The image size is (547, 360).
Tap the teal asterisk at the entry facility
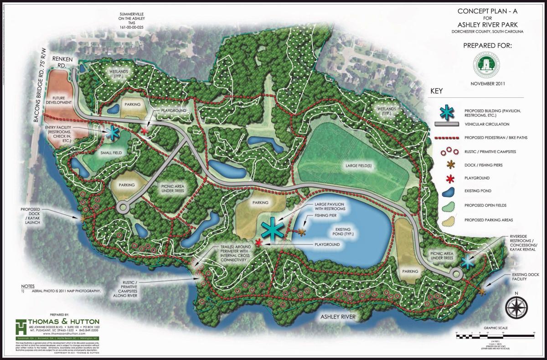pyautogui.click(x=112, y=133)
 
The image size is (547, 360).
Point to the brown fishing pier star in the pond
pyautogui.click(x=302, y=232)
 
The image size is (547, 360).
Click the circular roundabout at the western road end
pyautogui.click(x=123, y=208)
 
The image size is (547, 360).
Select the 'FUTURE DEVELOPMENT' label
pyautogui.click(x=63, y=100)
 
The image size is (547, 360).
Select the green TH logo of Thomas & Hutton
pyautogui.click(x=21, y=327)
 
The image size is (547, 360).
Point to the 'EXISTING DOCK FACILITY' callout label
pyautogui.click(x=530, y=277)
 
